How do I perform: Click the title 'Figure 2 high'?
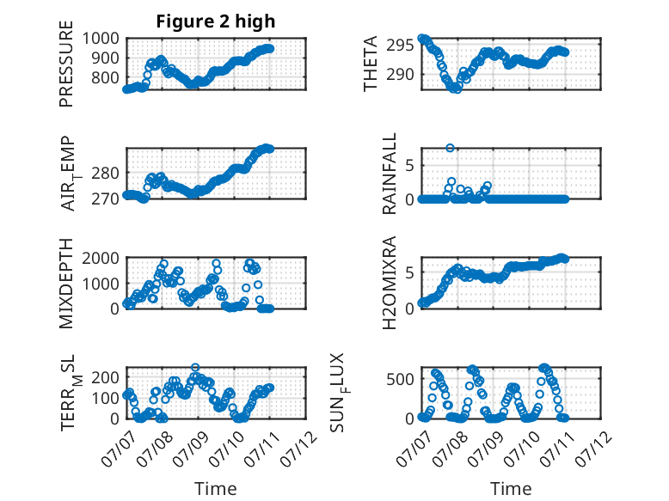216,21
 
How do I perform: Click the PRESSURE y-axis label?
66,64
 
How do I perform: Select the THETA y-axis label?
371,64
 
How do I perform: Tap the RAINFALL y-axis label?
390,174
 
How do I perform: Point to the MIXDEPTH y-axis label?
66,284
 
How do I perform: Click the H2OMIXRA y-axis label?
390,283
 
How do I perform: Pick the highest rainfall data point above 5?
450,148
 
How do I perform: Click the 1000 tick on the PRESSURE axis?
101,39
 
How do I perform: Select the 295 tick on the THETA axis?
400,45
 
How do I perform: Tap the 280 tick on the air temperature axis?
105,174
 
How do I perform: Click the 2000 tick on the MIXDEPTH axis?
101,258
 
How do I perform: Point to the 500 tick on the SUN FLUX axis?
400,379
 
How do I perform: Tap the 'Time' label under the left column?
216,488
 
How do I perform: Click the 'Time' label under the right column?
511,488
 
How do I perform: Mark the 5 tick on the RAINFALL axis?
410,166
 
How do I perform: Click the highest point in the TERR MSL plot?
195,367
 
